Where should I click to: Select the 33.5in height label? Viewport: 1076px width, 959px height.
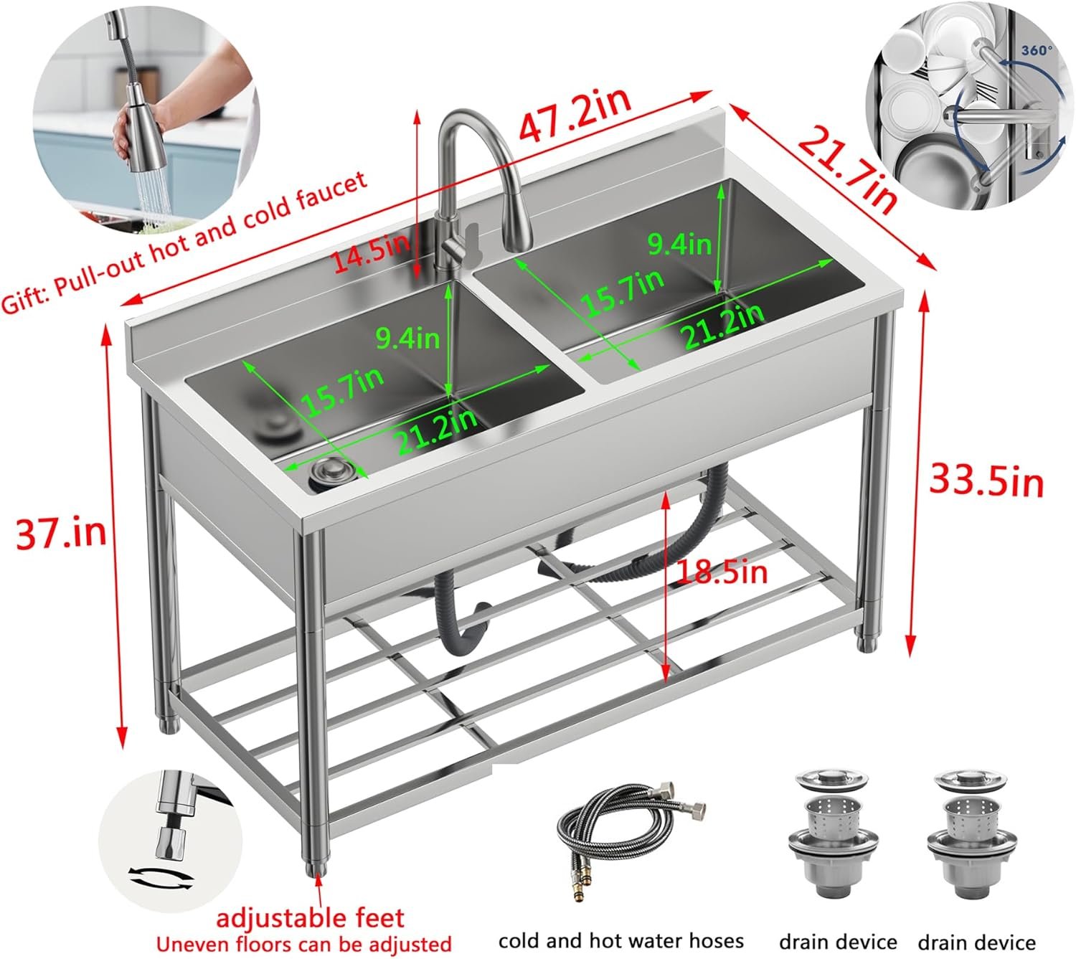pyautogui.click(x=986, y=480)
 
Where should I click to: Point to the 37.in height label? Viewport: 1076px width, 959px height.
pyautogui.click(x=61, y=533)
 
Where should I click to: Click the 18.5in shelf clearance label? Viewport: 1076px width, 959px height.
pyautogui.click(x=721, y=572)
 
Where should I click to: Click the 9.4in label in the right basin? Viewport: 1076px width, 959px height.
pyautogui.click(x=679, y=245)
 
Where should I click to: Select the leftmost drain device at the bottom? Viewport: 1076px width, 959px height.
pyautogui.click(x=833, y=832)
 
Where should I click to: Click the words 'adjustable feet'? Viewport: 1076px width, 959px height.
pyautogui.click(x=310, y=917)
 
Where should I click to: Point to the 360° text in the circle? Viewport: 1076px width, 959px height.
pyautogui.click(x=1037, y=51)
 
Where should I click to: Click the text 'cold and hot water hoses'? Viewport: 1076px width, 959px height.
pyautogui.click(x=620, y=940)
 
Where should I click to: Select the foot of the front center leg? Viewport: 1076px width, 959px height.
pyautogui.click(x=314, y=865)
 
